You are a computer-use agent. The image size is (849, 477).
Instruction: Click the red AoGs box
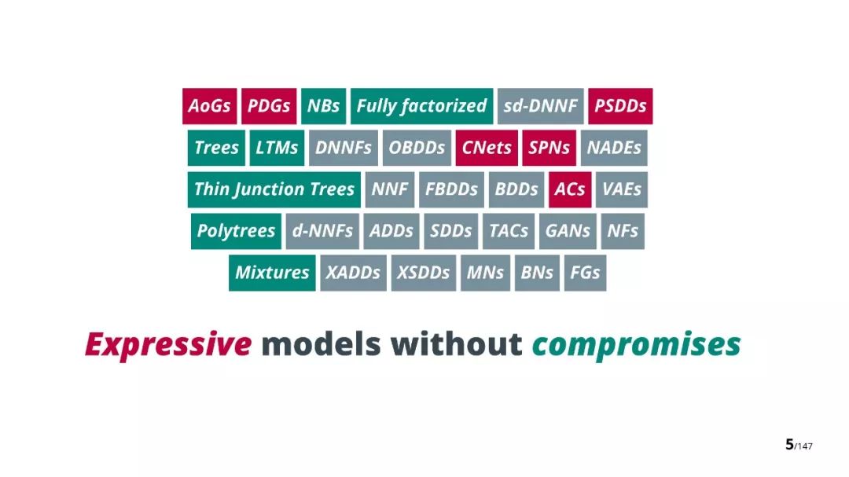[210, 106]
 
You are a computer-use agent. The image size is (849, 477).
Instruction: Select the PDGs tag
[269, 106]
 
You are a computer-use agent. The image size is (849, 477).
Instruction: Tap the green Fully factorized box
[422, 106]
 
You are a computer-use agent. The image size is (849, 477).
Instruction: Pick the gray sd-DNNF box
[540, 106]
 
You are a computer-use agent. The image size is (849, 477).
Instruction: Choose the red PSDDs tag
[620, 106]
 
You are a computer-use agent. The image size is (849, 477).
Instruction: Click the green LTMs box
[277, 148]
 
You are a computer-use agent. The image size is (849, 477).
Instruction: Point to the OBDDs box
[417, 148]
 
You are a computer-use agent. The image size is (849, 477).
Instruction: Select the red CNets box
[487, 148]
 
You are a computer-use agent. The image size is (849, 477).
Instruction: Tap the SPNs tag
[549, 148]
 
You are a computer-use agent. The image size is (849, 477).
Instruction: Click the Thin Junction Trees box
[274, 189]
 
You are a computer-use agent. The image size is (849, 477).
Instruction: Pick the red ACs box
[570, 189]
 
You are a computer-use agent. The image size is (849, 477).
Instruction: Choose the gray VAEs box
[622, 189]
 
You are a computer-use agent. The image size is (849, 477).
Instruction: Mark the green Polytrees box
[236, 231]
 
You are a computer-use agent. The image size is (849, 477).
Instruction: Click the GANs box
[568, 231]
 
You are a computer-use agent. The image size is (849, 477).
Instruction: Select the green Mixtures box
[272, 273]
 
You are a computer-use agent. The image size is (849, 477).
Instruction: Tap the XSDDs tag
[424, 273]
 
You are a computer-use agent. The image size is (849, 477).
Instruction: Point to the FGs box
[586, 273]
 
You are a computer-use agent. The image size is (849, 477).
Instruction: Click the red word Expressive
[168, 345]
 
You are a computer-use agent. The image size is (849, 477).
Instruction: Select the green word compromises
[636, 345]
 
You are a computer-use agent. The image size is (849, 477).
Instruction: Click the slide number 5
[789, 445]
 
